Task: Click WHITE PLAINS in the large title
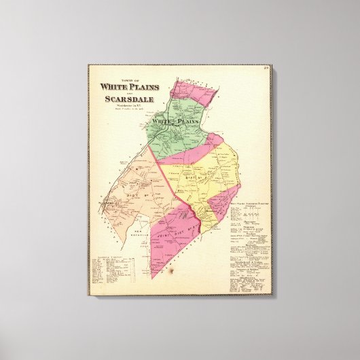tap(127, 86)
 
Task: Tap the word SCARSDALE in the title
tap(127, 99)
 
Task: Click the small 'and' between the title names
tap(128, 92)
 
